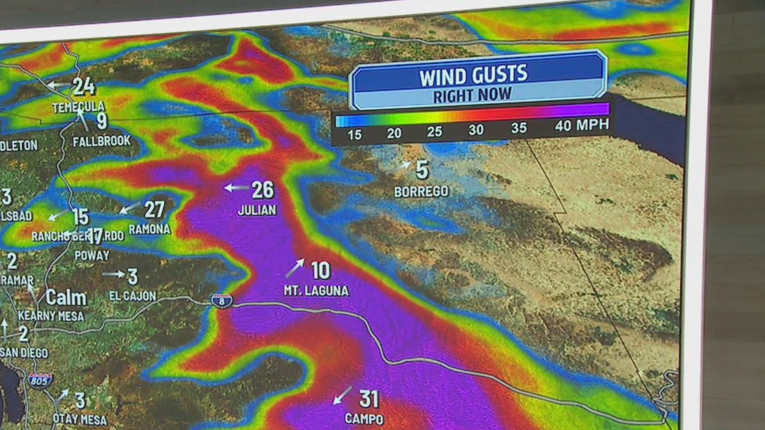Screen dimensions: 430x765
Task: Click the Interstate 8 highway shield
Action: click(222, 301)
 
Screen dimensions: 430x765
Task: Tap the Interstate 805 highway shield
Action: click(41, 380)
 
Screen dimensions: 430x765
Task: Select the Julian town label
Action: click(257, 210)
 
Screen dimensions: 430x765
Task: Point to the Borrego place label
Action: click(421, 191)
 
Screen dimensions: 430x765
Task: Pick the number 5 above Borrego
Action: click(422, 170)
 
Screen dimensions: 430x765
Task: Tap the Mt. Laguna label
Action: click(316, 291)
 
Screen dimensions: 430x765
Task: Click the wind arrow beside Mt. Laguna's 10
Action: click(295, 268)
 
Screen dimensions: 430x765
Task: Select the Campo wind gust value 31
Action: click(369, 399)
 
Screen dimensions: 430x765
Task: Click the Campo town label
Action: click(364, 419)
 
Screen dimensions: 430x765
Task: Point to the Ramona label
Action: click(150, 229)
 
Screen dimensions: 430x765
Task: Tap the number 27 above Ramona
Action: click(154, 209)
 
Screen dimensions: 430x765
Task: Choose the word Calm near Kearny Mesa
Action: click(66, 298)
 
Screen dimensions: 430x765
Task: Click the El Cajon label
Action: click(133, 296)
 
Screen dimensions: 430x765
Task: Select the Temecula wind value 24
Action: click(84, 86)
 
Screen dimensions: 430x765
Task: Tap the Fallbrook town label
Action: click(102, 141)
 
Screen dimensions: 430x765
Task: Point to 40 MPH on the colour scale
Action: click(582, 125)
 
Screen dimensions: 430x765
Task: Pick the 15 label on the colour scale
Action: click(355, 135)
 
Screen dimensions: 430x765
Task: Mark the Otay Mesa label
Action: click(80, 420)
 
